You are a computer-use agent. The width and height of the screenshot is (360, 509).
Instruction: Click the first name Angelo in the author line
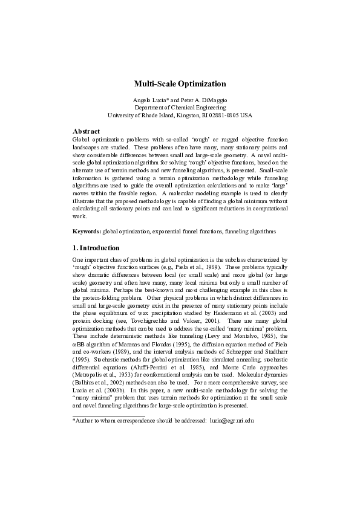(x=142, y=99)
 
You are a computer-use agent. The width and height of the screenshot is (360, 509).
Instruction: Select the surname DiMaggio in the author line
(x=212, y=99)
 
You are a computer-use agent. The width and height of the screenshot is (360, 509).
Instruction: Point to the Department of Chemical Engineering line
(x=180, y=106)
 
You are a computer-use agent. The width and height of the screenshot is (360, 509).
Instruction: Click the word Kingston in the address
(x=176, y=114)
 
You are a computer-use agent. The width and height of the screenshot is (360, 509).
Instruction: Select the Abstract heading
(x=86, y=131)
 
